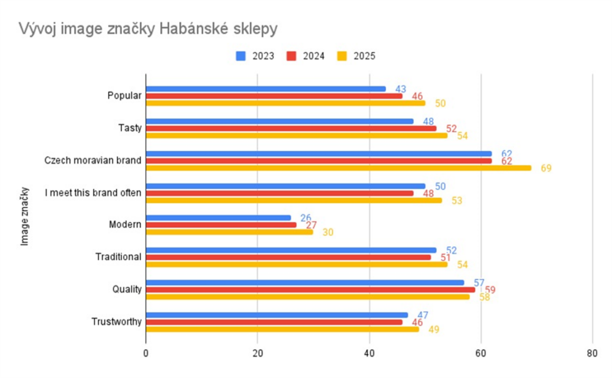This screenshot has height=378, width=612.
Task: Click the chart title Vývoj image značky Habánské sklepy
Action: (x=148, y=29)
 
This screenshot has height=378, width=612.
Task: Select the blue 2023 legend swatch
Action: (x=241, y=56)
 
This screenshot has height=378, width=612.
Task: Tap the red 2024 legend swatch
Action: (x=291, y=56)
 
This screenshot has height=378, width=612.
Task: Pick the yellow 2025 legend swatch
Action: (x=342, y=56)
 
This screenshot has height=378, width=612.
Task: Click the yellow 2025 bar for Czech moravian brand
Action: (x=339, y=168)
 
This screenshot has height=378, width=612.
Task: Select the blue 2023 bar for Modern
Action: (x=218, y=218)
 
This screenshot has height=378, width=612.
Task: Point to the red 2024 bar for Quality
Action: (x=310, y=290)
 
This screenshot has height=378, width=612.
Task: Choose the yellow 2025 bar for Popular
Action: (x=286, y=103)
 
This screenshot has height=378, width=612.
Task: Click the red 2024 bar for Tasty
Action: (x=291, y=129)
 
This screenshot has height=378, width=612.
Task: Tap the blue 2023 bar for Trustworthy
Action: (x=277, y=315)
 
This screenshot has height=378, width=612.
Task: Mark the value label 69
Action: (x=546, y=168)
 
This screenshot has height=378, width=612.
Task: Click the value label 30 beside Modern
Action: (x=328, y=232)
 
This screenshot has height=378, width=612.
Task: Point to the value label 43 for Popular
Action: (x=401, y=89)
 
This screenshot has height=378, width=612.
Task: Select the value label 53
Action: (x=457, y=201)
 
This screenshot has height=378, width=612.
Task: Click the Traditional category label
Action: (x=118, y=257)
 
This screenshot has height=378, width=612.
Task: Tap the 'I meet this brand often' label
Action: (x=93, y=193)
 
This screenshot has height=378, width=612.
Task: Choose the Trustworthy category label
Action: (x=116, y=322)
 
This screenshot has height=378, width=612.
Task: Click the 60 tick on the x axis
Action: (x=481, y=353)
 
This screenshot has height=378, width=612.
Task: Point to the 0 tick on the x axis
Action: (x=146, y=353)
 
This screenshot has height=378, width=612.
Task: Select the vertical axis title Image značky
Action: (x=25, y=216)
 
